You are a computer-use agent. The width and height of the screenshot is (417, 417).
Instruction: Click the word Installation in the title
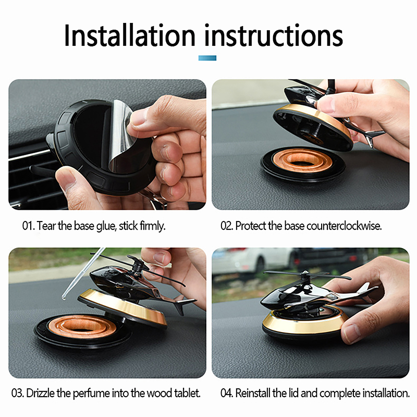[130, 36]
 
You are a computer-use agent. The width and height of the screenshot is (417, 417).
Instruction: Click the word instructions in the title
[274, 36]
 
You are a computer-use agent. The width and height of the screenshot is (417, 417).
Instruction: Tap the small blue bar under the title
[207, 58]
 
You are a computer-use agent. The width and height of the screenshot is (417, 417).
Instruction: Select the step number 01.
[29, 226]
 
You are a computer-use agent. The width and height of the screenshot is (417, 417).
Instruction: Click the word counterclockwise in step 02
[344, 226]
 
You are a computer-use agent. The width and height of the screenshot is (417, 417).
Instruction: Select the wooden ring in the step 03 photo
[82, 327]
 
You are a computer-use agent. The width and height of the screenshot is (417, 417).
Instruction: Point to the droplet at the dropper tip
[64, 297]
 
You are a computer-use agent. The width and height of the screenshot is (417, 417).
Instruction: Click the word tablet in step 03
[187, 393]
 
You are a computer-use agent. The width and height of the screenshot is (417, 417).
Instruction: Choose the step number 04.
[227, 393]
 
